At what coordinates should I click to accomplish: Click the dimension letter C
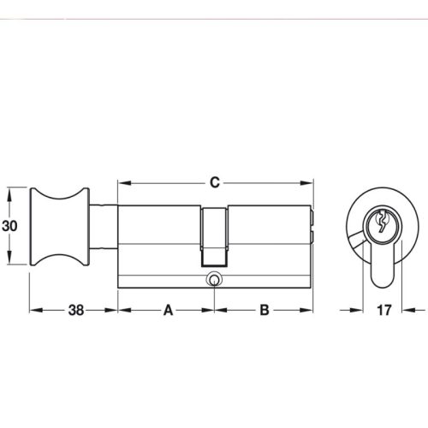coord(215,182)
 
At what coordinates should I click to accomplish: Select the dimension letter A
coord(168,311)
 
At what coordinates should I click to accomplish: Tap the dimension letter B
coord(265,311)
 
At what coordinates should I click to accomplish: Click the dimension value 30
coord(9,226)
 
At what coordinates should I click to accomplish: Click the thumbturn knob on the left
coord(59,226)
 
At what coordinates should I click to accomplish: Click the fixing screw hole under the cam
coord(213,278)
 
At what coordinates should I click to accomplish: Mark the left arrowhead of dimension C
coord(122,182)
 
